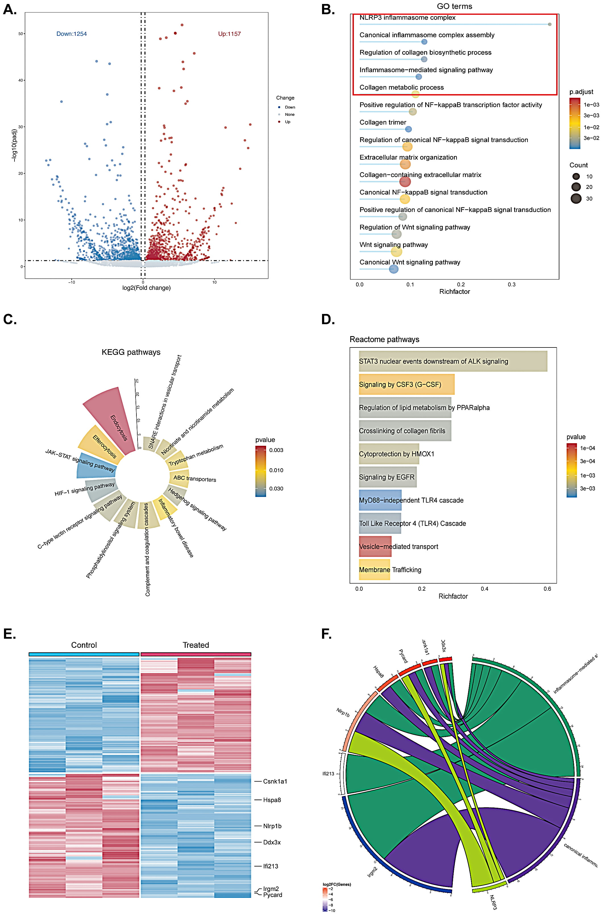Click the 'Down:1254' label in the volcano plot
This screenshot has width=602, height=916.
tap(72, 34)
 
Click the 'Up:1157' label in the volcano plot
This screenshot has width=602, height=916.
tap(229, 34)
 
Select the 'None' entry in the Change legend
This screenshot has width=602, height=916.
tap(289, 114)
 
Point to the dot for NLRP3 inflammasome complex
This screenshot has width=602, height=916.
tap(549, 24)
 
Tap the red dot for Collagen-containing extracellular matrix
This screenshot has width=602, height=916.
tap(405, 182)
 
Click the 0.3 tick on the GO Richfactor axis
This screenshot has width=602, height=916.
tap(512, 284)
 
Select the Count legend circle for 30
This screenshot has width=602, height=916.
tap(576, 199)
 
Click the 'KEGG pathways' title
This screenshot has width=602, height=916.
tap(131, 352)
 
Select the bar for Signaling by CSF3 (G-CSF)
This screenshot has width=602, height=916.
tap(406, 384)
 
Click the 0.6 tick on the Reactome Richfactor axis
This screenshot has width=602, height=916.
tap(547, 588)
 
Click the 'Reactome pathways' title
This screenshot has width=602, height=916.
tap(384, 340)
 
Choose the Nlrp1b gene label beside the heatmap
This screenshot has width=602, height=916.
tap(272, 826)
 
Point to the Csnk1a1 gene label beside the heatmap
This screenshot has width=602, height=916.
tap(275, 781)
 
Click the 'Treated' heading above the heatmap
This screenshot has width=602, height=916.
tap(196, 645)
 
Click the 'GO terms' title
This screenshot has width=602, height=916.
tap(454, 6)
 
